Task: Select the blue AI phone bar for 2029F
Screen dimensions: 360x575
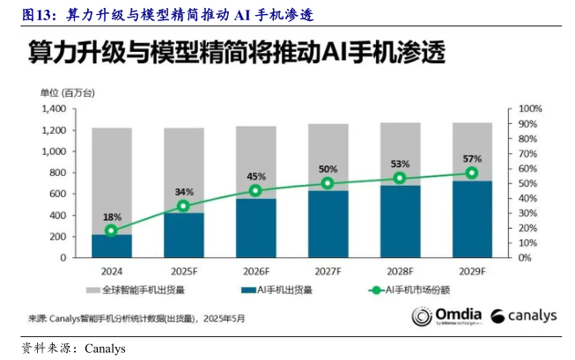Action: point(472,219)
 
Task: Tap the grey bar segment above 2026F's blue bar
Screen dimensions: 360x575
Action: point(255,162)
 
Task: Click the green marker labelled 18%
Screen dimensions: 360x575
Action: point(111,231)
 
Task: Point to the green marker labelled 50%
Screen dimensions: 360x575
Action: point(328,183)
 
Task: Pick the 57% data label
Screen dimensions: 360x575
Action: point(472,159)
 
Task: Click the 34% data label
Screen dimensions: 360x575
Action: point(184,192)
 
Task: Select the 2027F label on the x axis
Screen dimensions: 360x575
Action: point(328,271)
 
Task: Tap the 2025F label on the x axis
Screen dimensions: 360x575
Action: point(184,271)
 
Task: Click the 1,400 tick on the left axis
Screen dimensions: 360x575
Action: point(54,108)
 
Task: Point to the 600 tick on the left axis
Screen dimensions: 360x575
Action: point(58,194)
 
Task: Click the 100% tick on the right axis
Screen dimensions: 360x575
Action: point(530,108)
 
